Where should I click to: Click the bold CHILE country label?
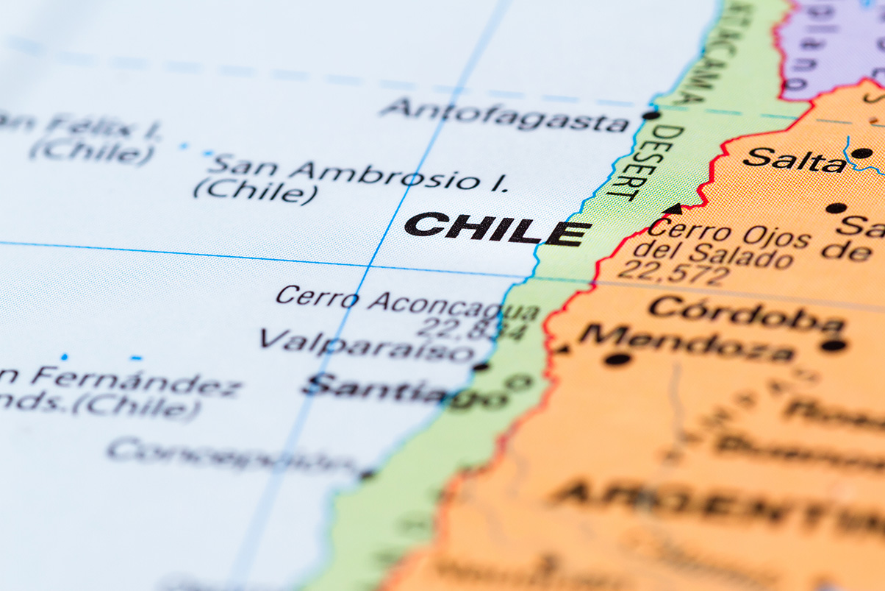coord(497,229)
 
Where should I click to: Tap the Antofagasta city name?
coord(504,114)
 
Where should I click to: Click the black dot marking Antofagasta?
coord(650,115)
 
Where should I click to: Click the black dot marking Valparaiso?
coord(481,366)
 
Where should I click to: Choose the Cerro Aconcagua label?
coord(408,301)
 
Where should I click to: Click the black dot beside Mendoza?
coord(617,359)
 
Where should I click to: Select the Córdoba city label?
coord(746,314)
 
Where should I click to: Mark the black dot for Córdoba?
coord(834,344)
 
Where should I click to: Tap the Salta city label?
coord(794,160)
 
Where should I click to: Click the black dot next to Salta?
coord(861,153)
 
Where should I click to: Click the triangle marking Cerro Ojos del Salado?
coord(672,209)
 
